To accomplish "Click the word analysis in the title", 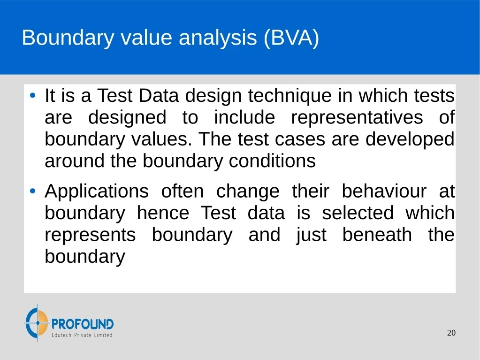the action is tap(218, 38).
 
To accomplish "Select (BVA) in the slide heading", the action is tap(291, 38).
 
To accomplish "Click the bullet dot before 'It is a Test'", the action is tap(33, 95).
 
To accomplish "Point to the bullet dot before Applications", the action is tap(33, 191).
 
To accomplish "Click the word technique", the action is tap(290, 96).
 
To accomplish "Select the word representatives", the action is tap(357, 117).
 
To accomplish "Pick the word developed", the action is tap(410, 139).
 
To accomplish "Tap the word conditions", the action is tap(272, 161).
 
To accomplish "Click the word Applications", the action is tap(97, 192).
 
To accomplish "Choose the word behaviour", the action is tap(384, 191).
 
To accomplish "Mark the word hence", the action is tap(163, 213).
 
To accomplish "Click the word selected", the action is tap(358, 213).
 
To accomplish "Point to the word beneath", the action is tap(377, 235).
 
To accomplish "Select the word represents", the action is tap(90, 235).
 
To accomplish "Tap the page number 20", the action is tap(451, 333).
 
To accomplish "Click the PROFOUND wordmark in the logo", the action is tap(83, 324).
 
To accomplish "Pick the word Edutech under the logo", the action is tap(61, 335).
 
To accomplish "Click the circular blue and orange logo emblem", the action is tap(37, 322).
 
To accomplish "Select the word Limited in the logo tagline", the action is tap(103, 335).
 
